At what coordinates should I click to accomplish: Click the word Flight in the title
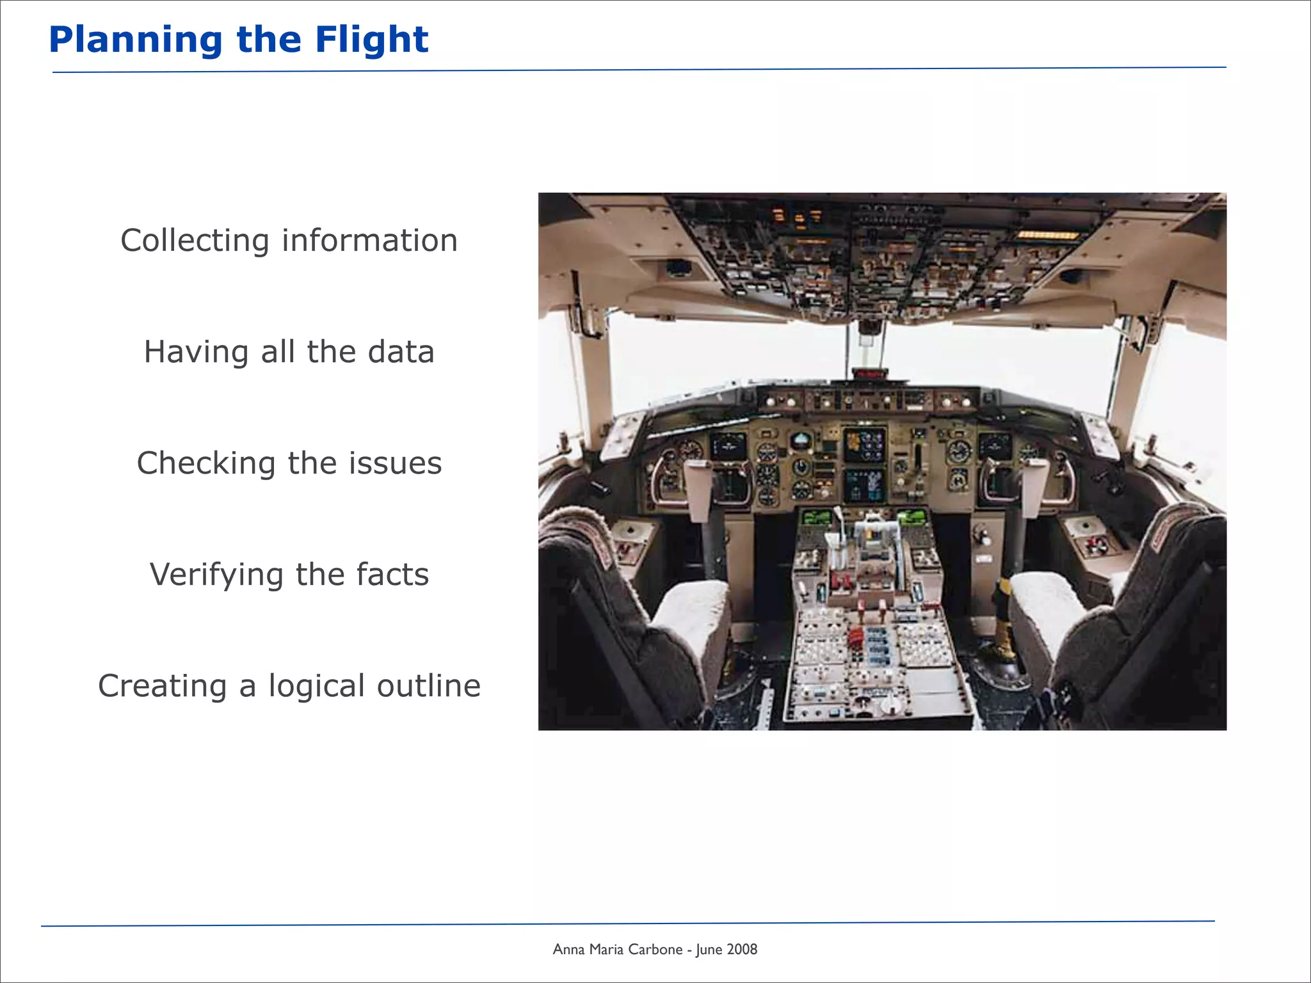(x=371, y=40)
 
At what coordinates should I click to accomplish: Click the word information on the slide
(x=369, y=241)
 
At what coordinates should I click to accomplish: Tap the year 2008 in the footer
(x=742, y=950)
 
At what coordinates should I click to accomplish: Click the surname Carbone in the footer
(x=655, y=950)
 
